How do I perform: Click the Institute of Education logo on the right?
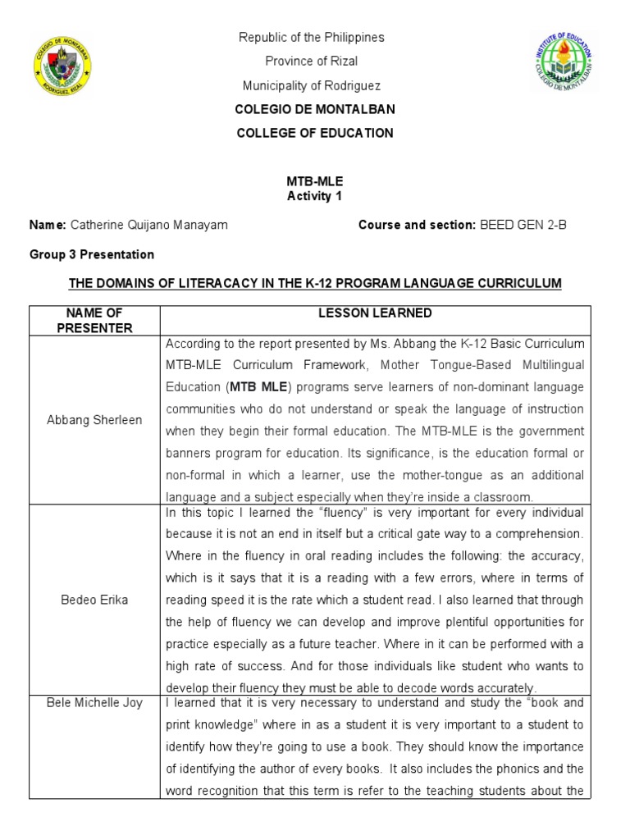[563, 62]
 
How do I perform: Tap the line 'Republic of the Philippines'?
[311, 38]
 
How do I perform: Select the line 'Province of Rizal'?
[311, 62]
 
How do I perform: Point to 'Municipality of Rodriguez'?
[311, 85]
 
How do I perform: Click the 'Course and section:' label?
[417, 226]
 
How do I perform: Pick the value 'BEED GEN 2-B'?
[523, 226]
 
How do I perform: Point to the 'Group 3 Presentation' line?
[92, 255]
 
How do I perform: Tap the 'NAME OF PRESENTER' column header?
[94, 321]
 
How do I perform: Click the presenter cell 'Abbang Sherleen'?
[94, 420]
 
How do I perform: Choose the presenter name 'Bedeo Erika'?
[94, 600]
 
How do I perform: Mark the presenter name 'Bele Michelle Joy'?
[94, 703]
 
